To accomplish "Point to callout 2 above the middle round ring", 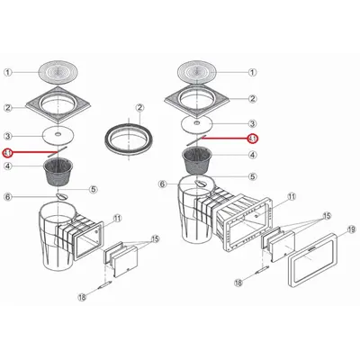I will point(139,108).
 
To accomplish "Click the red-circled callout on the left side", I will point(9,153).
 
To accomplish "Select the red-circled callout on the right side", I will point(253,139).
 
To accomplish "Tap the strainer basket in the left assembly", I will point(61,168).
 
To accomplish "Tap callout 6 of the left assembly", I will point(8,197).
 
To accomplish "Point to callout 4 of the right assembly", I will point(252,153).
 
